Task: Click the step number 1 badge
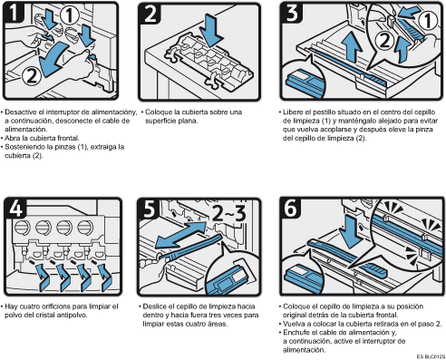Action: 13,13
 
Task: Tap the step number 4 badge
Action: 15,208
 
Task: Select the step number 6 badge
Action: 291,208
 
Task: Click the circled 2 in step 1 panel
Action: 32,75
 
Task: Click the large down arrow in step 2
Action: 213,30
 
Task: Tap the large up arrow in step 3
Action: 352,47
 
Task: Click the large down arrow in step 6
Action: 350,232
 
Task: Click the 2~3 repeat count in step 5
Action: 229,213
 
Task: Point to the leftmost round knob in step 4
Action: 22,227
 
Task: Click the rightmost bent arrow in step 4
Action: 106,277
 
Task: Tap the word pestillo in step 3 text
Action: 325,112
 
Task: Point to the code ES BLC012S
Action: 431,356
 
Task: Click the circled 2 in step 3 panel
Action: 384,41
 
